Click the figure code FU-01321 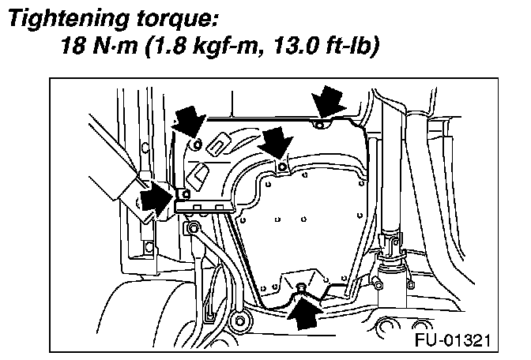(453, 341)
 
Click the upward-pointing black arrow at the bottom (304, 311)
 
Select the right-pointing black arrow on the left (153, 201)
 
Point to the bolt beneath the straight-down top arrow (318, 125)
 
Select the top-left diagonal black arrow (186, 122)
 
